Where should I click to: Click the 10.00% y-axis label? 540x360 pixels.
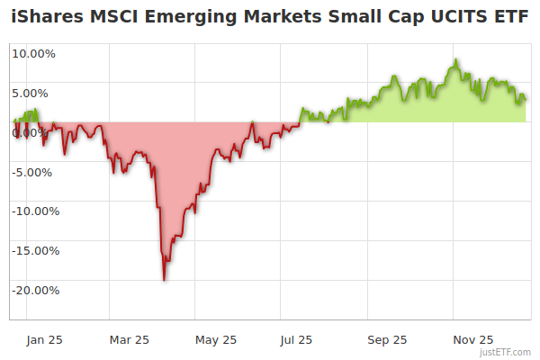coord(33,53)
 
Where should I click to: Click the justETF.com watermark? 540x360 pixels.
coord(507,352)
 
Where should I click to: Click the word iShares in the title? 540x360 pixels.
coord(46,18)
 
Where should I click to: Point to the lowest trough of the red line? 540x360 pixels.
coord(164,280)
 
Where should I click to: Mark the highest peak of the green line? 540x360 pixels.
coord(456,60)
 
